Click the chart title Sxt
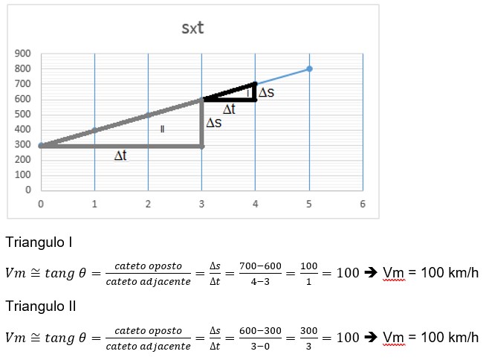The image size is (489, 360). (x=193, y=29)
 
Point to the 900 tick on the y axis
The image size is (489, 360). (x=22, y=54)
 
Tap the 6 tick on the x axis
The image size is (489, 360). (x=362, y=203)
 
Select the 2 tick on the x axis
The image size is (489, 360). (x=148, y=203)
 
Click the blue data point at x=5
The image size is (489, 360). (x=309, y=68)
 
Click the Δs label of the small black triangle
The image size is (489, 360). (x=266, y=94)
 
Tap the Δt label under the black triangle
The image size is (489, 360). (x=229, y=109)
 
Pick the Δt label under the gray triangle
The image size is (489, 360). (x=120, y=156)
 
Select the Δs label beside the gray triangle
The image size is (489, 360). (x=213, y=122)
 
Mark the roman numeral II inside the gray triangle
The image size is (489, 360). (x=161, y=129)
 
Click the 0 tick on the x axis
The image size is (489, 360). (x=41, y=203)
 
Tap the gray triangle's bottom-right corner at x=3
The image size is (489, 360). (x=201, y=145)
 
